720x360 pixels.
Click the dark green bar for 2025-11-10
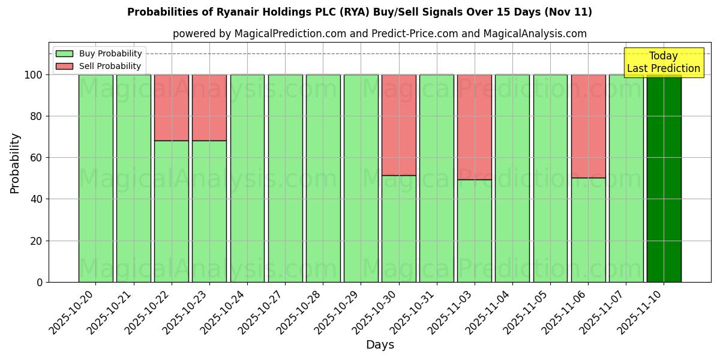[x=664, y=178]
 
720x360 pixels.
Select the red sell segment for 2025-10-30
[x=399, y=125]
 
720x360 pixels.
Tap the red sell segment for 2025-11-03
[x=475, y=127]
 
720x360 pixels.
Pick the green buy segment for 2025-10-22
[x=172, y=211]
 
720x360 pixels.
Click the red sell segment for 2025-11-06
[x=588, y=126]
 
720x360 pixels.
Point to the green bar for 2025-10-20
[x=96, y=178]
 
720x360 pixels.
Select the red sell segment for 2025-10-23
[x=209, y=107]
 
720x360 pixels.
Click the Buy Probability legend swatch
[x=64, y=53]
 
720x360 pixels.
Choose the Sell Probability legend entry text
[x=110, y=66]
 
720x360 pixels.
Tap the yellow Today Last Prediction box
[x=663, y=62]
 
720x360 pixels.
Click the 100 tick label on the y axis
[x=34, y=75]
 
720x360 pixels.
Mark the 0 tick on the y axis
[x=40, y=282]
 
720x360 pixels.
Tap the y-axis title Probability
[x=15, y=163]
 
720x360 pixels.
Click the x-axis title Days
[x=380, y=345]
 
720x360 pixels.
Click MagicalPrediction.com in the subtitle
[x=290, y=34]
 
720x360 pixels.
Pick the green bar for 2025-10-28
[x=323, y=178]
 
